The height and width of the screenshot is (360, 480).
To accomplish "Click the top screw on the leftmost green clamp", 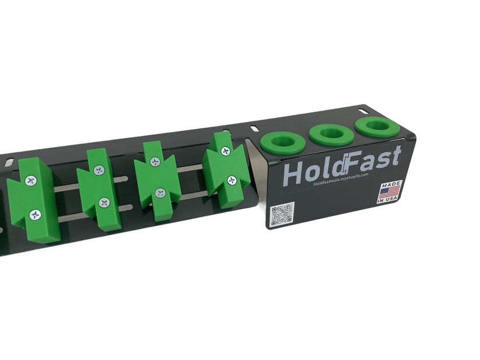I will tap(31, 181).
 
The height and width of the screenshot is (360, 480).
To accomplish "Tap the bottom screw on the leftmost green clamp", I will tap(35, 215).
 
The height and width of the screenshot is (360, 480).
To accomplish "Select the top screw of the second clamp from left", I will tap(99, 170).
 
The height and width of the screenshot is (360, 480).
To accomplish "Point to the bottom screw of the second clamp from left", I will tap(104, 202).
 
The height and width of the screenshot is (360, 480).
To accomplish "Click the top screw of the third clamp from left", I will tap(155, 162).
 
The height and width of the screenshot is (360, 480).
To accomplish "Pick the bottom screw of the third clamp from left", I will tap(160, 193).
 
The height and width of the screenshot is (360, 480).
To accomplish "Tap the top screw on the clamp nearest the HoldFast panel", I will tap(225, 151).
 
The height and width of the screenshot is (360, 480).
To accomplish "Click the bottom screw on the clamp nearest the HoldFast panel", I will tap(232, 180).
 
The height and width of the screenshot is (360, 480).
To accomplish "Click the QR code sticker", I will tap(282, 214).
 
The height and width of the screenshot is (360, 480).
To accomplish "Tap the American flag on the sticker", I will tap(390, 191).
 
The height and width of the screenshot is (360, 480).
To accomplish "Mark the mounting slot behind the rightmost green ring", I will tap(362, 111).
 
